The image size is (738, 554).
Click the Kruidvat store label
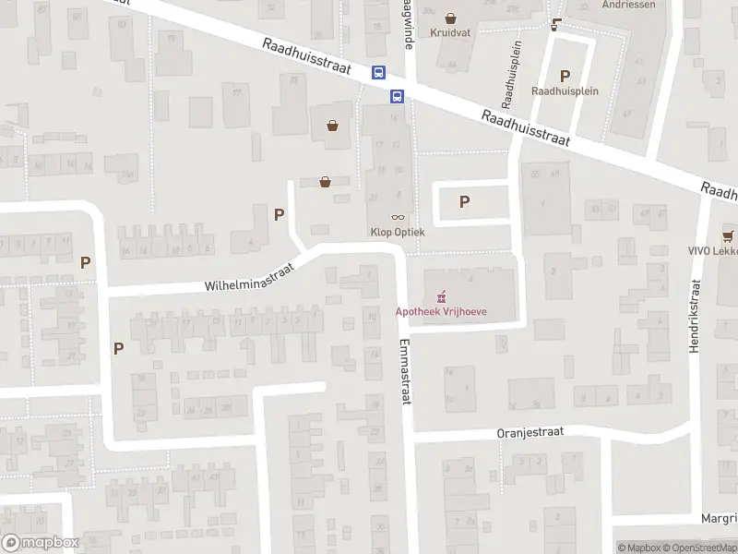(x=450, y=32)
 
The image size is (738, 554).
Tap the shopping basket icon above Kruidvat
(x=450, y=17)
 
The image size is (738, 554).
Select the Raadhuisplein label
(x=565, y=91)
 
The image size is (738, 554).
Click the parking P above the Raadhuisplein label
(x=565, y=76)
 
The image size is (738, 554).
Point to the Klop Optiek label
(x=398, y=232)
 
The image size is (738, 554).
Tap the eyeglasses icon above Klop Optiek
(x=398, y=216)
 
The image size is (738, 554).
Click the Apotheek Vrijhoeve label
(x=441, y=311)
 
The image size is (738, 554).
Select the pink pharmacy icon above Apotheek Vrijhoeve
(x=441, y=295)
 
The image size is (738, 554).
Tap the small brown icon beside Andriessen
(x=555, y=24)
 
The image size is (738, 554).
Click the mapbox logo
(x=41, y=543)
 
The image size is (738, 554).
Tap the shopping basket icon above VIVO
(x=728, y=235)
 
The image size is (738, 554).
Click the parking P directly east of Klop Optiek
(x=465, y=201)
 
